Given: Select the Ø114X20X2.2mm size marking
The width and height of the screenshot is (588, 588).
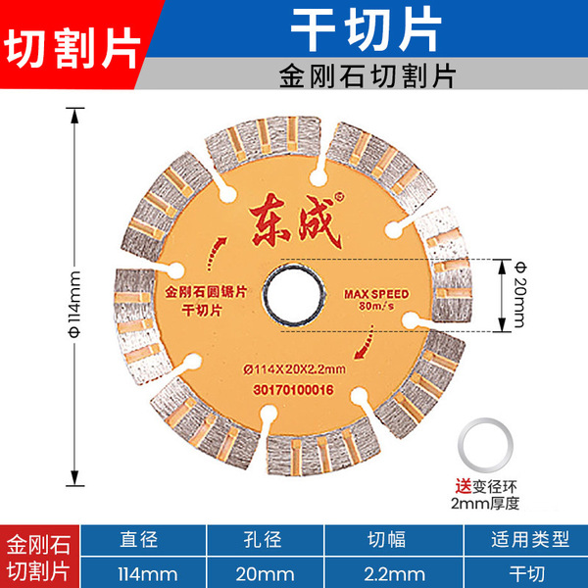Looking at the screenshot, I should click(295, 367).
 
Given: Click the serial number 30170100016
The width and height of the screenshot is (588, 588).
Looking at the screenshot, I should click(294, 388).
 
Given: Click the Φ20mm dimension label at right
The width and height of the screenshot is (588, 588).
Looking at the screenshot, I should click(518, 294).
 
